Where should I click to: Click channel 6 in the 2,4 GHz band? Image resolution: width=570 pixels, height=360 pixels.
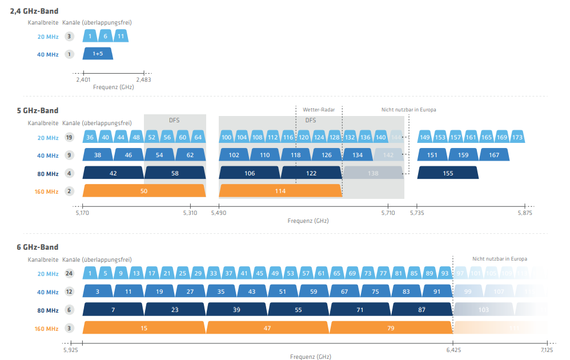105,36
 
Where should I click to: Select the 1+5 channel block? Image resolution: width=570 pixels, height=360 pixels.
97,54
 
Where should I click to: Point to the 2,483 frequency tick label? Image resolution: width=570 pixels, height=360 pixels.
144,80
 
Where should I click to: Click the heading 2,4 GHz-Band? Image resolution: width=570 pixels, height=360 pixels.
34,11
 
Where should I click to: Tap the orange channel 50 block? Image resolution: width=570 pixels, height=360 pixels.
144,191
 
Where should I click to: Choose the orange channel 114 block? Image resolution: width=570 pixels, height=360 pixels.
280,191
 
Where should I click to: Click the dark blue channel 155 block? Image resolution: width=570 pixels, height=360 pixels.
448,173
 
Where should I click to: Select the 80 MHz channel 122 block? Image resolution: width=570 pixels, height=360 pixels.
311,173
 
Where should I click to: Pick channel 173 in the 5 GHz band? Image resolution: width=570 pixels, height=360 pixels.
517,138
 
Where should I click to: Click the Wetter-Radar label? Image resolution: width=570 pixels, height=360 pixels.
319,109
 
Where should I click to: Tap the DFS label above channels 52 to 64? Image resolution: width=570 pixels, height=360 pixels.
174,120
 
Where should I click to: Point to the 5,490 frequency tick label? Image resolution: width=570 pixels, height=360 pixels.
219,213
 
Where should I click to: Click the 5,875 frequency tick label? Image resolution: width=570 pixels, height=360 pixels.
525,213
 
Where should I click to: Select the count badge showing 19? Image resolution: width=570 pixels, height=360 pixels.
69,138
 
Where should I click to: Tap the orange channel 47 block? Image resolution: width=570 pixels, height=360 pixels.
268,327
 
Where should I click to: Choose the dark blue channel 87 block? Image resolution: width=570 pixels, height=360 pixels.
422,310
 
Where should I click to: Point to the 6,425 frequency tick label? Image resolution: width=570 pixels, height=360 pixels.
453,349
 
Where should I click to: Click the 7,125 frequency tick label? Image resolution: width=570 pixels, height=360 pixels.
547,349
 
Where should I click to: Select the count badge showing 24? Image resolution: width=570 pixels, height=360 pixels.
69,274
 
